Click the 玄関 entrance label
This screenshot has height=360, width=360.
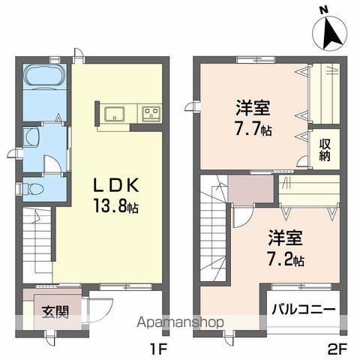(55, 311)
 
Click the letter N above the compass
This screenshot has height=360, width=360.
(323, 10)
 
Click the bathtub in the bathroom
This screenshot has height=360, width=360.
(46, 77)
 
